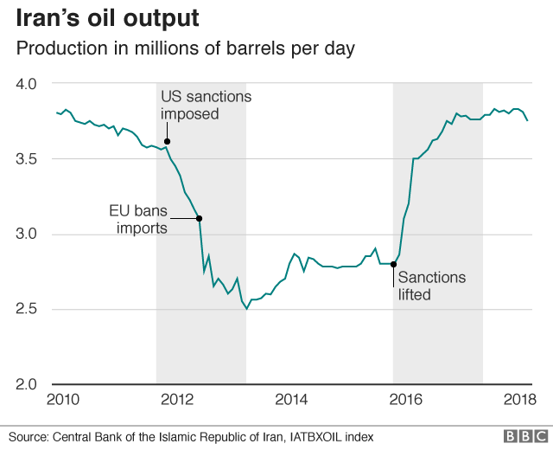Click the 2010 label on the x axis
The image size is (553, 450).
pos(62,399)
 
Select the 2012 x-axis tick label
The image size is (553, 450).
pos(177,399)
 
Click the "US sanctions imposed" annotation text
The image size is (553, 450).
pos(206,105)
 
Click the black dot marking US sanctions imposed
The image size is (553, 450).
pos(167,141)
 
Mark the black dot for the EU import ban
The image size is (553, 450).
pos(200,218)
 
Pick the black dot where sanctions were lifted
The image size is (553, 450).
pos(394,264)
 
